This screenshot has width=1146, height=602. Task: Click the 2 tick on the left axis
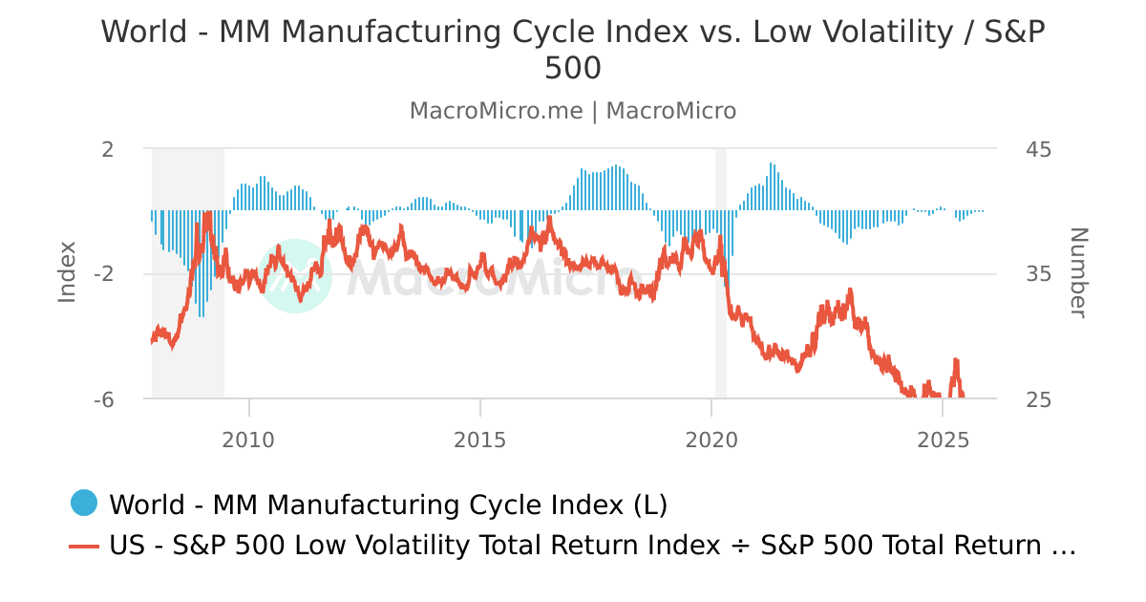coord(107,149)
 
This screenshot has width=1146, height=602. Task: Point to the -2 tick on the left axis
coord(103,274)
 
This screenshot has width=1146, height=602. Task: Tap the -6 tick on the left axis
coord(103,399)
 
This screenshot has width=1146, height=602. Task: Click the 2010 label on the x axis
coord(249,440)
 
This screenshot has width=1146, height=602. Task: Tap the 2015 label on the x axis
coord(480,440)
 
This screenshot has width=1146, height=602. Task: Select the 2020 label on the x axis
coord(711,440)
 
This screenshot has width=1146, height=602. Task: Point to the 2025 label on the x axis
coord(943,440)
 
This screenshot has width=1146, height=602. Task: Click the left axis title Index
coord(67,272)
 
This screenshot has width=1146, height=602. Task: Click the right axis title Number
coord(1078,272)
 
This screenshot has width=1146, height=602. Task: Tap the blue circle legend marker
coord(84,503)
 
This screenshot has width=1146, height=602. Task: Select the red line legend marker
coord(84,546)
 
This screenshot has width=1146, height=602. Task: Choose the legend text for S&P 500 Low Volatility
coord(592,546)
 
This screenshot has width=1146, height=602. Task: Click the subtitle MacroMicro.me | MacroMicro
coord(573,111)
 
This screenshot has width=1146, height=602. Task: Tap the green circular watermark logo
coord(295,276)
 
